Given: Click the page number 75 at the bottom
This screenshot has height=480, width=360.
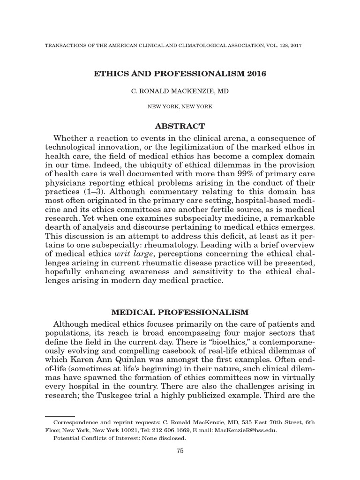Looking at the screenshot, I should coord(179,450).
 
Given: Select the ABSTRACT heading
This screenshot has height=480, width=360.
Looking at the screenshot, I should coord(180,126).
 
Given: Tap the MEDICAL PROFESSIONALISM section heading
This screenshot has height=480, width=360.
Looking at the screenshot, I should coord(180,312).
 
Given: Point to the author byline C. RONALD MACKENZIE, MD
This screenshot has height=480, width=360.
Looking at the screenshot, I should coord(180,91).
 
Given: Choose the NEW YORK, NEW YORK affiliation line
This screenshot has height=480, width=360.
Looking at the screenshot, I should coord(180,106).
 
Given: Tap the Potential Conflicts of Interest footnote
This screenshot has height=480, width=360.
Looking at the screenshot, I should coord(120,438).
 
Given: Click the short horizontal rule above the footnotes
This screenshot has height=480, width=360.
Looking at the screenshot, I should coord(60,415).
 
